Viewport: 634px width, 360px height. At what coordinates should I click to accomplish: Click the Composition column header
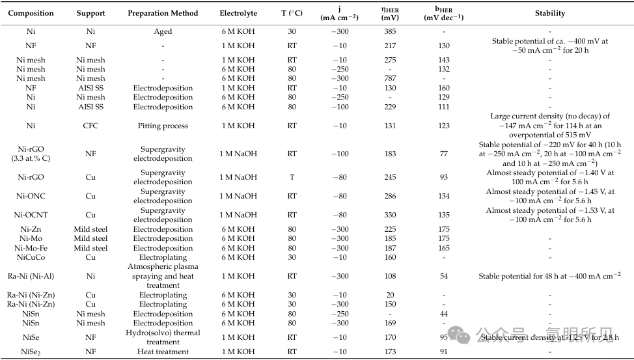point(31,13)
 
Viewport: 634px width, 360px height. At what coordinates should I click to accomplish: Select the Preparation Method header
point(163,13)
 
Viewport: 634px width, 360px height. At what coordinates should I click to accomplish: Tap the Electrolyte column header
point(239,13)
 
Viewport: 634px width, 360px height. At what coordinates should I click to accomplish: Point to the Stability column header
point(550,13)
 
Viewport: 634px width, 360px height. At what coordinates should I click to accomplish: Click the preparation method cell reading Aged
point(163,31)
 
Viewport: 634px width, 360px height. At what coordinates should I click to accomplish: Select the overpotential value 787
point(390,78)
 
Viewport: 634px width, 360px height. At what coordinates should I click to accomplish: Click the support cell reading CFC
point(90,126)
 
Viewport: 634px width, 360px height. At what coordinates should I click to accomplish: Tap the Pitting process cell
point(163,126)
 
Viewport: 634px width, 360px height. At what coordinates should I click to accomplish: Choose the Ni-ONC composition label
point(31,196)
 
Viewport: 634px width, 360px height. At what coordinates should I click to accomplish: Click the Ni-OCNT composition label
point(31,215)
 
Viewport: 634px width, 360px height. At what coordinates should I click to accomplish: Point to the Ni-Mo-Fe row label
point(31,248)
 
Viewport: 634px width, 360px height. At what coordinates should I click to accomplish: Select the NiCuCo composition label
point(31,257)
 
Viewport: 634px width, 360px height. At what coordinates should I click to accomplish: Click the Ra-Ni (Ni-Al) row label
point(31,276)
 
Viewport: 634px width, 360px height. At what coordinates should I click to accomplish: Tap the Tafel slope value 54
point(444,276)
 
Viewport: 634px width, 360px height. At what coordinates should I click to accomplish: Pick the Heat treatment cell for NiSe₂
point(163,352)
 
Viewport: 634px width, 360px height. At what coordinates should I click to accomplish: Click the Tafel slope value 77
point(444,154)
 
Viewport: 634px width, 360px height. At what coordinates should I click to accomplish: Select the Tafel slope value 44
point(444,314)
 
